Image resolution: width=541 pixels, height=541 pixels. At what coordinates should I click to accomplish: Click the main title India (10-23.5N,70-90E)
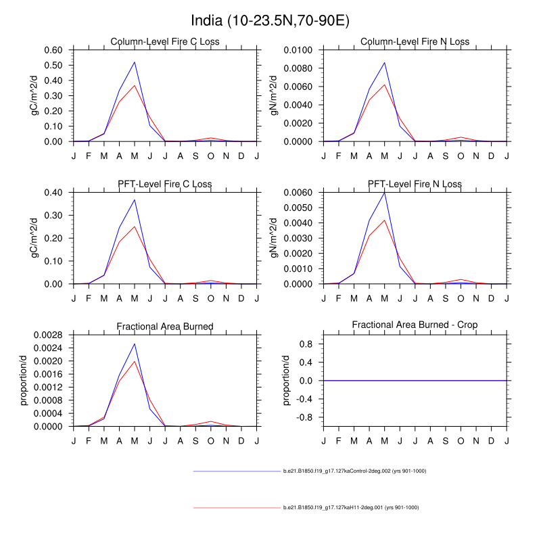pyautogui.click(x=270, y=20)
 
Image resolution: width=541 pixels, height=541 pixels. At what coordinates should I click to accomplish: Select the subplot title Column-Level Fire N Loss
pyautogui.click(x=415, y=42)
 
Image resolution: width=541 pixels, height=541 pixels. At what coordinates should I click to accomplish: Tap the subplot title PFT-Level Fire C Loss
pyautogui.click(x=165, y=184)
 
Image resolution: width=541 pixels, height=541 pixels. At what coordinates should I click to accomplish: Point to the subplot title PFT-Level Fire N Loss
pyautogui.click(x=415, y=184)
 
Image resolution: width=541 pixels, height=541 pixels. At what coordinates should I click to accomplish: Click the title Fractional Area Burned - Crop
pyautogui.click(x=415, y=325)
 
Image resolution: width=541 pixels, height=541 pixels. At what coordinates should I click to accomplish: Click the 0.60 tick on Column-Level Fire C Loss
pyautogui.click(x=53, y=50)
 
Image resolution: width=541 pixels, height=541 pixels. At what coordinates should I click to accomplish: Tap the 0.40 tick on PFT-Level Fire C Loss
pyautogui.click(x=53, y=193)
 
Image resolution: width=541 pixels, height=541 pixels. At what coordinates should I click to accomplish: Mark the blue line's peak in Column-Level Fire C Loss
pyautogui.click(x=135, y=62)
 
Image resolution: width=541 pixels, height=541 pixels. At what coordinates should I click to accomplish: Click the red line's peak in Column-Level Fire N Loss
pyautogui.click(x=384, y=85)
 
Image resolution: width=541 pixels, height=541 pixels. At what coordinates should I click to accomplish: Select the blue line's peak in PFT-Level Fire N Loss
pyautogui.click(x=384, y=193)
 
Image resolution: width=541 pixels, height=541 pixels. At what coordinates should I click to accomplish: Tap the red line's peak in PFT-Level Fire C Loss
pyautogui.click(x=135, y=227)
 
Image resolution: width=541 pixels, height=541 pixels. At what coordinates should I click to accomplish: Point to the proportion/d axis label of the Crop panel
pyautogui.click(x=287, y=380)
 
